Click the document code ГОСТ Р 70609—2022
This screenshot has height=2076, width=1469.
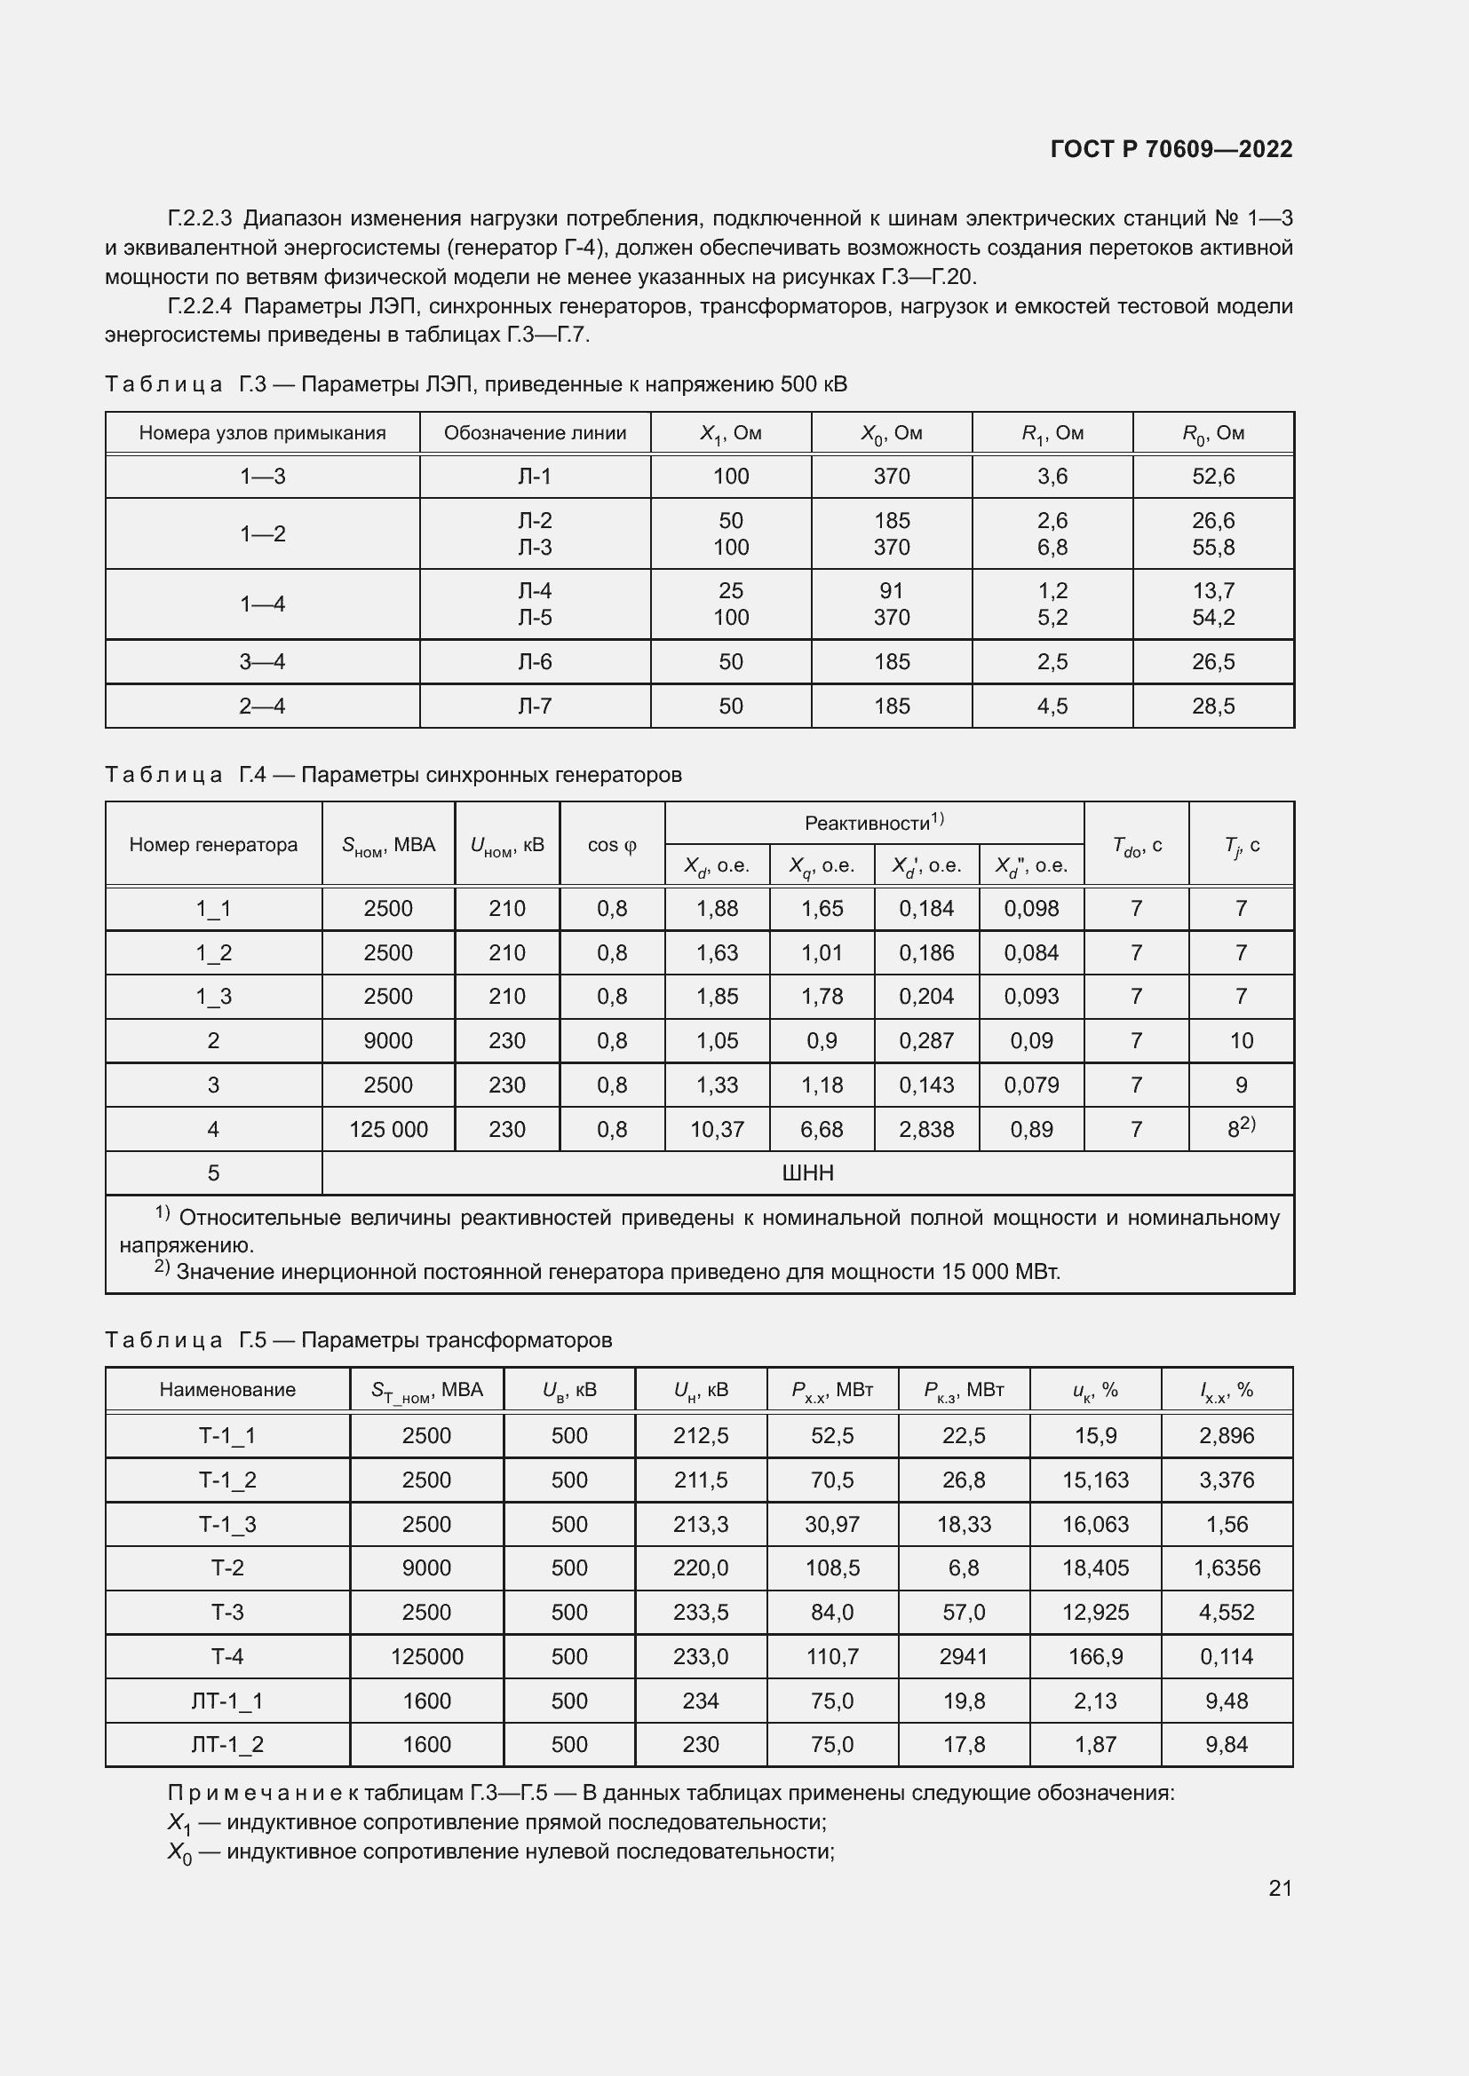click(x=1171, y=149)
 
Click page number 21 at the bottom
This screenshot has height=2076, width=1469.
click(x=1280, y=1888)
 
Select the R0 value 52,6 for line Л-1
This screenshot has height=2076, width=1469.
click(x=1213, y=477)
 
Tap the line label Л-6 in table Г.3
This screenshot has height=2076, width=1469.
click(x=535, y=662)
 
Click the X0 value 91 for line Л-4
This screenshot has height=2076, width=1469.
click(x=891, y=590)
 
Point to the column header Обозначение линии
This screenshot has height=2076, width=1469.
click(x=535, y=433)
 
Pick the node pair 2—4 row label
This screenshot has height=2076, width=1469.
click(x=262, y=706)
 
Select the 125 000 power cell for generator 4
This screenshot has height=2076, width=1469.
click(x=388, y=1129)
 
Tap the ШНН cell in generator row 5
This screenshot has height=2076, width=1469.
click(x=806, y=1173)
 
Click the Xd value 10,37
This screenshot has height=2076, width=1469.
click(x=717, y=1129)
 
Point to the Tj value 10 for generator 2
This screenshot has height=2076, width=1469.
click(x=1241, y=1041)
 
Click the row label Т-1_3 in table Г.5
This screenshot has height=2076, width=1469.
click(x=227, y=1525)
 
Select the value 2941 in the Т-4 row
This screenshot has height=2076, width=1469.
click(x=964, y=1656)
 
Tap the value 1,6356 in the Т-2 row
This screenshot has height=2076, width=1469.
click(x=1226, y=1567)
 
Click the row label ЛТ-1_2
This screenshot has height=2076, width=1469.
click(x=227, y=1744)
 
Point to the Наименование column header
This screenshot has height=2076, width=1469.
click(x=227, y=1390)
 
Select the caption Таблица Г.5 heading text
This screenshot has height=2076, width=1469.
click(x=358, y=1340)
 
